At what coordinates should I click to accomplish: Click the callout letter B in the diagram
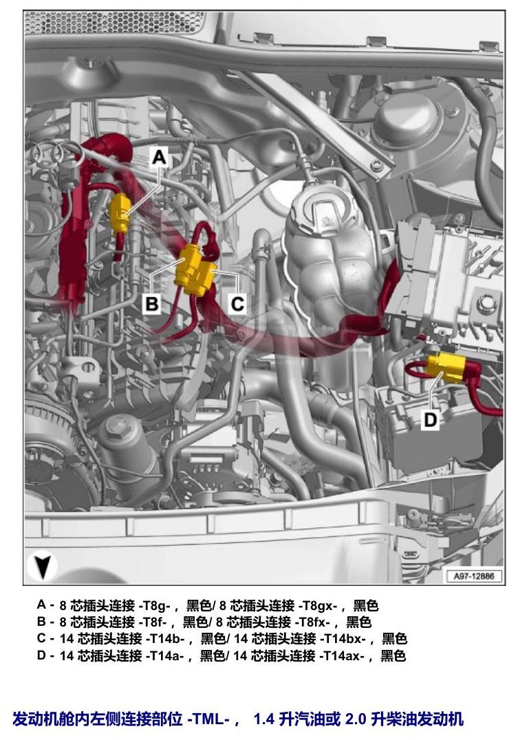[151, 303]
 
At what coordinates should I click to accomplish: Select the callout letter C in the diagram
[237, 303]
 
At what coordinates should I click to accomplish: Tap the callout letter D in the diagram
[430, 419]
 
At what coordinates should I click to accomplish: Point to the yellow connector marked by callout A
[120, 213]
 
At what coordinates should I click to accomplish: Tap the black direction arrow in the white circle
[42, 566]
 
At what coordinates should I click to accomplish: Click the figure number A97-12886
[473, 576]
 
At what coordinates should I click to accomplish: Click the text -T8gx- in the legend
[316, 605]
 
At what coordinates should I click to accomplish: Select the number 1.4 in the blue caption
[263, 719]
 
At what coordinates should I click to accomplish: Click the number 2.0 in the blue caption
[356, 719]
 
